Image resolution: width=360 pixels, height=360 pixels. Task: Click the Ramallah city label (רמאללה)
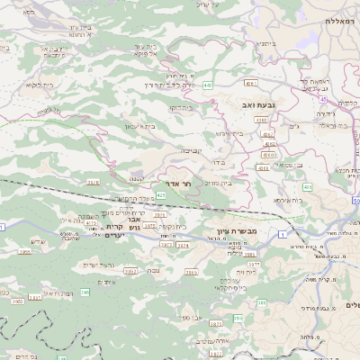343,19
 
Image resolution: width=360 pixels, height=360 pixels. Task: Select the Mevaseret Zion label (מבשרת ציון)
238,232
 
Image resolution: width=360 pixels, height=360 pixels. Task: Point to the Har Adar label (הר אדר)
181,184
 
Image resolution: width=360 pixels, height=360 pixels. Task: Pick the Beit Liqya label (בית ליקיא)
40,85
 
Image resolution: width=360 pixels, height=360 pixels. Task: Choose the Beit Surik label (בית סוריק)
218,183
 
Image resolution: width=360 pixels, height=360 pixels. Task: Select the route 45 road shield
321,100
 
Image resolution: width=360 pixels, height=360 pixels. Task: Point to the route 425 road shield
160,193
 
